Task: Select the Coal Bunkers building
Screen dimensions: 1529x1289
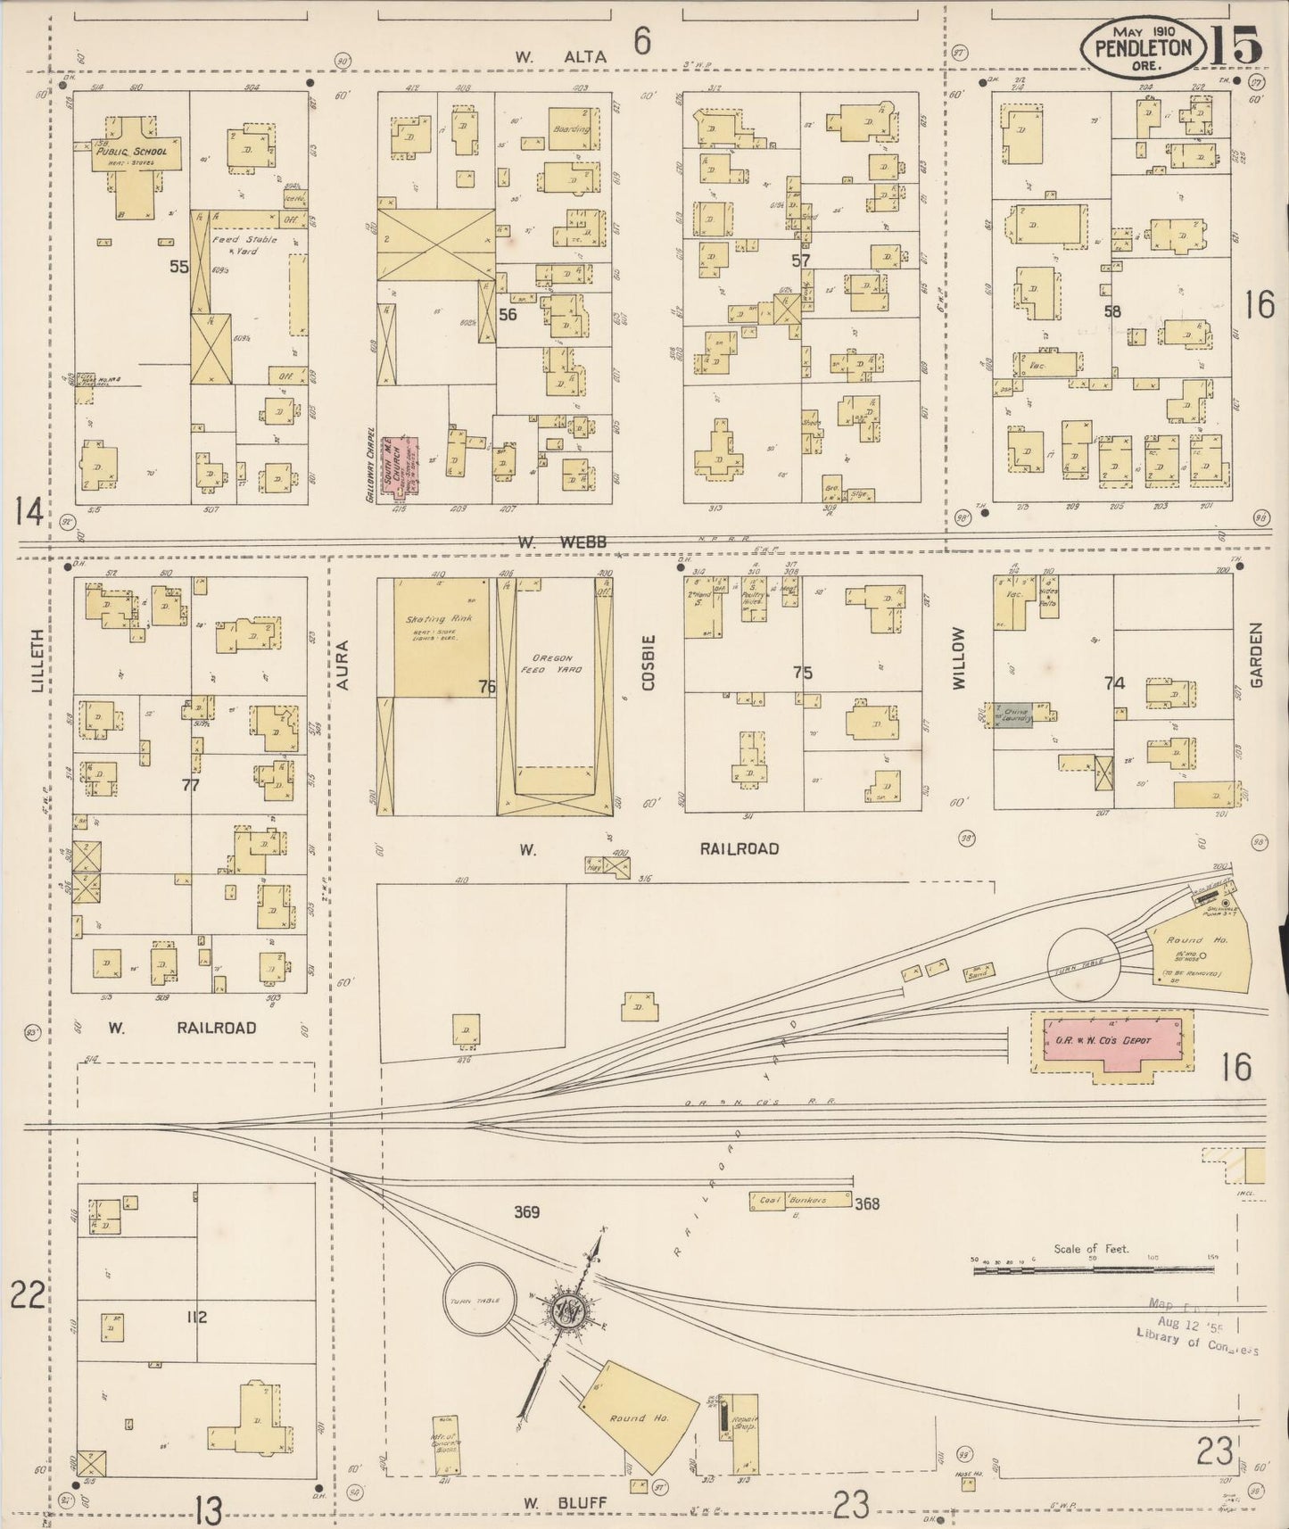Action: tap(800, 1201)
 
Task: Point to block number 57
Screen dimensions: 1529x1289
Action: tap(801, 260)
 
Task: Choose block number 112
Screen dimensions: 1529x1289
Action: tap(197, 1317)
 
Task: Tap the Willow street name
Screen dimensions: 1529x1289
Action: tap(959, 658)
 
